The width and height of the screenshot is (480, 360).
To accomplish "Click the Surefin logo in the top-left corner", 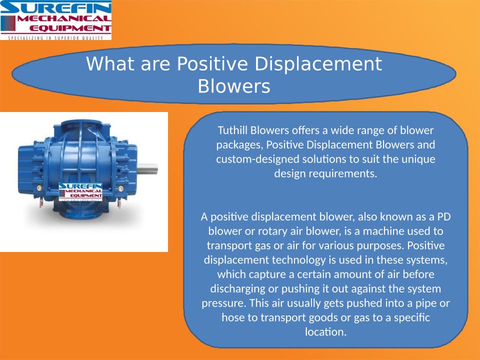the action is coord(55,20).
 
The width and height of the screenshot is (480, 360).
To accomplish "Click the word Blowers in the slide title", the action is coord(234,86).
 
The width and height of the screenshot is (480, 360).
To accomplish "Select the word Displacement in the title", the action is coord(318,64).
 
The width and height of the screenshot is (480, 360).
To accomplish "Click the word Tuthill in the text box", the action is coord(232,130).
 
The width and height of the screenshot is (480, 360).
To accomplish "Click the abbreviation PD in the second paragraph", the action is coord(444,216).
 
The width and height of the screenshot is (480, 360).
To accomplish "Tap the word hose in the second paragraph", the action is coord(233,317).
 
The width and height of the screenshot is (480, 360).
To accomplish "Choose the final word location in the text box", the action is coord(325,332).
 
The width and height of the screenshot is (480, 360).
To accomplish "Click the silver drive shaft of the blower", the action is coord(147,168).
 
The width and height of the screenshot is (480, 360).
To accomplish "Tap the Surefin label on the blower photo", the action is coord(80,192).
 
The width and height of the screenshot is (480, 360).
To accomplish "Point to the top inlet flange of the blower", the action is coord(81,124).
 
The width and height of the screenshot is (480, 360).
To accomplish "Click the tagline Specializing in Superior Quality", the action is coord(55,38).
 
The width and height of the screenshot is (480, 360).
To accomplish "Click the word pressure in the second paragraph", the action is coord(223,303).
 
